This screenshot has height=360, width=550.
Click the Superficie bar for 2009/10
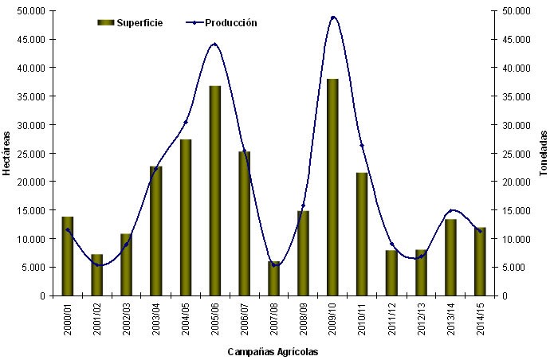pos(332,187)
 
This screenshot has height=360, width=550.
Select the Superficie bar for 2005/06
pos(214,190)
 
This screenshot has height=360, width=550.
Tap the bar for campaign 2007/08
pos(273,279)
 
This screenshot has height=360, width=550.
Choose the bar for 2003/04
pos(155,231)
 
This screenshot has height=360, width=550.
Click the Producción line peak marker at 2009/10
pos(332,18)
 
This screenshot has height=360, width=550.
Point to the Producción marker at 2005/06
pos(214,45)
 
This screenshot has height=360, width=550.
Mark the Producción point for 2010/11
pos(362,146)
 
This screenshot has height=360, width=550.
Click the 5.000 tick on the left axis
pos(34,267)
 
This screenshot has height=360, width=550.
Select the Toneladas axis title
pos(542,154)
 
